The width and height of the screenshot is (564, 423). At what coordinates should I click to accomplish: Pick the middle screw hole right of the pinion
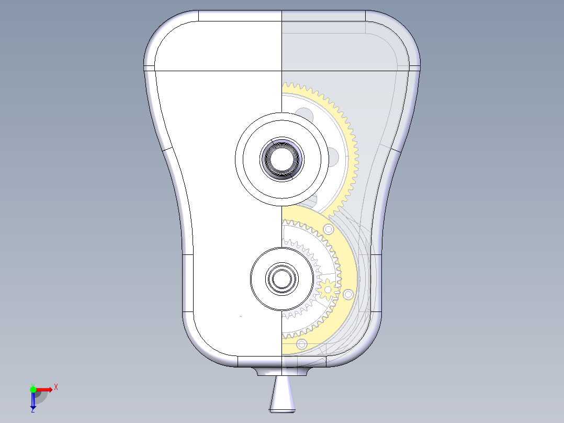tap(348, 295)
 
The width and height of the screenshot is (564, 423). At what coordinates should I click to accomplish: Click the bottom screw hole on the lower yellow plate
tap(301, 344)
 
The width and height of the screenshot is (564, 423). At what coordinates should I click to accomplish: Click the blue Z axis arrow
tap(33, 401)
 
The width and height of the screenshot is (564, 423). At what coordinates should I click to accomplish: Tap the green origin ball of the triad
tap(33, 389)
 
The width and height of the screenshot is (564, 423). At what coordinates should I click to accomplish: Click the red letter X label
tap(56, 387)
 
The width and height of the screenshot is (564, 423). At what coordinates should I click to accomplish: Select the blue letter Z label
tap(32, 411)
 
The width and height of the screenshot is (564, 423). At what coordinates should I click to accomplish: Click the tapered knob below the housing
tap(282, 395)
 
